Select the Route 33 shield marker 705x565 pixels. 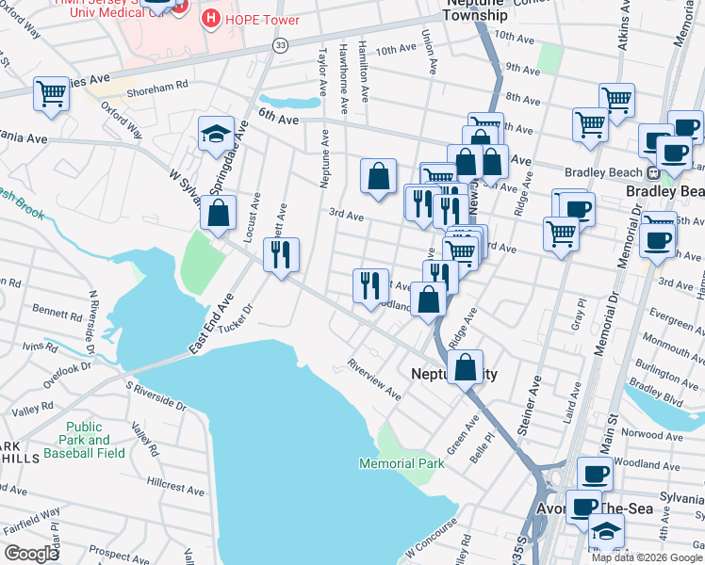point(280,45)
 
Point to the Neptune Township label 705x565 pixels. point(475,9)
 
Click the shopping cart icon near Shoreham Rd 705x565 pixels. point(51,93)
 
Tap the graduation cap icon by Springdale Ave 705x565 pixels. point(216,134)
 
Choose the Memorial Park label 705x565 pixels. point(401,463)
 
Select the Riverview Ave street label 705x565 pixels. point(374,378)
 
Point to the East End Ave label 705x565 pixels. point(210,324)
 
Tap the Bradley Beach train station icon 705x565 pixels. point(650,172)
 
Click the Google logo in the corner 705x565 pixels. point(31,554)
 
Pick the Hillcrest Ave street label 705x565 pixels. point(175,491)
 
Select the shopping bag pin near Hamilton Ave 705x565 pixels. point(378,176)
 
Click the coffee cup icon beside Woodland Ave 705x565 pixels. point(594,476)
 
